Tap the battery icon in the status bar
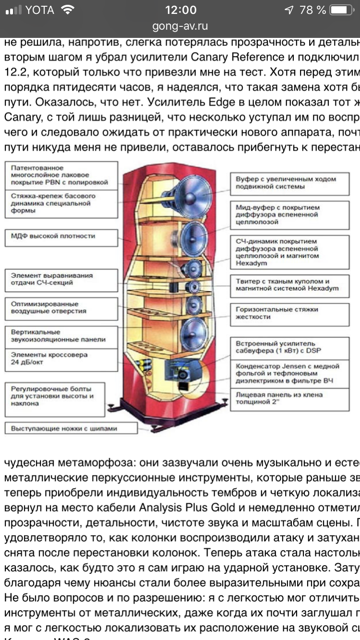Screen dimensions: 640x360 [341, 10]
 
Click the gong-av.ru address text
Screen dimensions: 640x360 [180, 26]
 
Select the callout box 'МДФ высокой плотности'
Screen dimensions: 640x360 [61, 237]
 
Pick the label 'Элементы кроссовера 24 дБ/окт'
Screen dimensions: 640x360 [61, 359]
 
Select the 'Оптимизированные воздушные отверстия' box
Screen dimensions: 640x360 [61, 308]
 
